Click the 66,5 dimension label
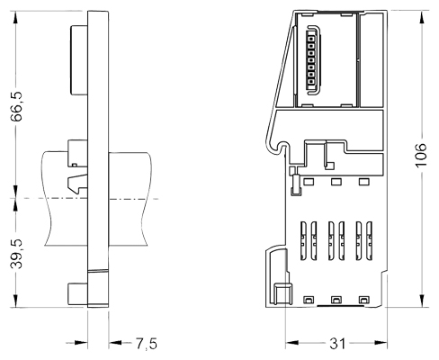16,106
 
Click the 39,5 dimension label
16,254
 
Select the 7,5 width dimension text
147,344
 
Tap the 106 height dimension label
421,155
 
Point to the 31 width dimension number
337,344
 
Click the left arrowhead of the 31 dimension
292,343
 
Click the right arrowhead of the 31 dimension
381,343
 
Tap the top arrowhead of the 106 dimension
422,17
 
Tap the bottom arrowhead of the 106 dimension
422,301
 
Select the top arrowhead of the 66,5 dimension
15,17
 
